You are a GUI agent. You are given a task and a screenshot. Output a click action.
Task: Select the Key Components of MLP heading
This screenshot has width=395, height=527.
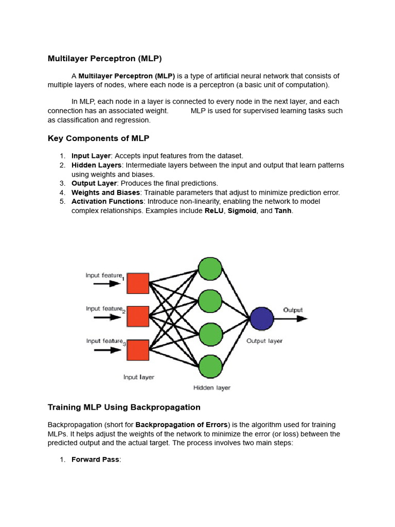(98, 138)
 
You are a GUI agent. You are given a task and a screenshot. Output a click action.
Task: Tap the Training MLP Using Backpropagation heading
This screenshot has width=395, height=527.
(124, 407)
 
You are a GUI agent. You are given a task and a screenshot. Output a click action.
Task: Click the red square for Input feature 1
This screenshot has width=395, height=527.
(138, 284)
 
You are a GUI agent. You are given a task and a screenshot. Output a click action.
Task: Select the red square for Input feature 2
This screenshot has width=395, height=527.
(138, 317)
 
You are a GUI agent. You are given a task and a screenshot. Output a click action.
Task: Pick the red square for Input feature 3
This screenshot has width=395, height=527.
(138, 350)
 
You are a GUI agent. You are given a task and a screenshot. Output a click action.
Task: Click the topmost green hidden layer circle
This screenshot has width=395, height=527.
(210, 269)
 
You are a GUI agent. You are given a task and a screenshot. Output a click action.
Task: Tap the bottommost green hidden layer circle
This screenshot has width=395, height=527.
(210, 366)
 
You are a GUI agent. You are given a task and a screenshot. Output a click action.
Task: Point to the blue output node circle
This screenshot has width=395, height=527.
(261, 319)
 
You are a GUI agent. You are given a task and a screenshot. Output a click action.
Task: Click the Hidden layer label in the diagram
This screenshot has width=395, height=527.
(212, 388)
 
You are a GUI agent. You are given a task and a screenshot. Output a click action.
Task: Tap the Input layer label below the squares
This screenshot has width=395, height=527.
(138, 377)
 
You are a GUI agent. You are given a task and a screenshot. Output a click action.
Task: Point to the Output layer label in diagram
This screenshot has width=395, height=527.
(264, 341)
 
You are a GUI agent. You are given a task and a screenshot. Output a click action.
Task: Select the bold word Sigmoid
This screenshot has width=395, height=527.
(242, 211)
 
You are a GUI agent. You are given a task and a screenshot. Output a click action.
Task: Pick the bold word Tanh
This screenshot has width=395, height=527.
(283, 211)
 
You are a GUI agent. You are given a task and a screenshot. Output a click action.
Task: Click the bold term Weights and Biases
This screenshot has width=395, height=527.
(105, 192)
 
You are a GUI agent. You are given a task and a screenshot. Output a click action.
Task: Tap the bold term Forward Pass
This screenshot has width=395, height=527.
(95, 460)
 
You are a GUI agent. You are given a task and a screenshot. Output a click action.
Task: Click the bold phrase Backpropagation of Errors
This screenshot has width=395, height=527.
(182, 425)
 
